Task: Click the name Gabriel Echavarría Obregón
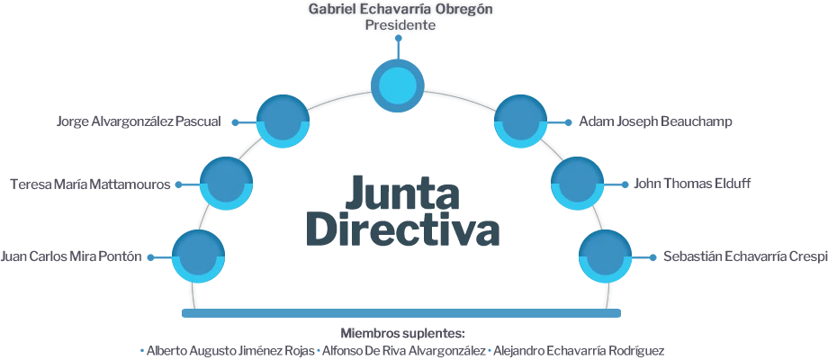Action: [x=400, y=10]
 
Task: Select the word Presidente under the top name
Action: [x=400, y=26]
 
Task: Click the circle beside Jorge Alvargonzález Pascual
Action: [x=283, y=121]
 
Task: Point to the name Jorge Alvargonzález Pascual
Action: [x=139, y=121]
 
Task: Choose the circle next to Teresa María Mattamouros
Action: [x=226, y=184]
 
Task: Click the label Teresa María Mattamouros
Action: [x=89, y=184]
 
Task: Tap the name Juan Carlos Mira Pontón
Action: [x=71, y=257]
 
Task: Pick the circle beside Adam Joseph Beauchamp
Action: [x=521, y=121]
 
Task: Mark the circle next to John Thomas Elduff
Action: [x=577, y=184]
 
